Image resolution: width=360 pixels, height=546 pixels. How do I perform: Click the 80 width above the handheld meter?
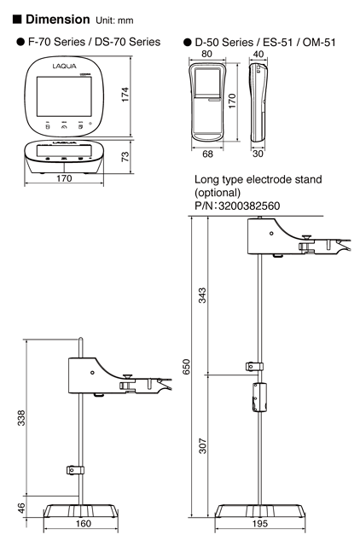point(207,53)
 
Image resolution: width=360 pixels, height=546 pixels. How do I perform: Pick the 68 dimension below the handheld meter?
point(207,154)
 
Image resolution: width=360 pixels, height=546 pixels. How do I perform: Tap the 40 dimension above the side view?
point(259,53)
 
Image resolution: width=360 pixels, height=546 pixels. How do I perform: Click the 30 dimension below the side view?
point(258,154)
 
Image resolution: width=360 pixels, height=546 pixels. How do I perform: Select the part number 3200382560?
point(247,206)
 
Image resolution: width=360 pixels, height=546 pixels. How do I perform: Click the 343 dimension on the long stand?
point(202,294)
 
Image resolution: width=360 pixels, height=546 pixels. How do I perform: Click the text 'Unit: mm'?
point(121,20)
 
